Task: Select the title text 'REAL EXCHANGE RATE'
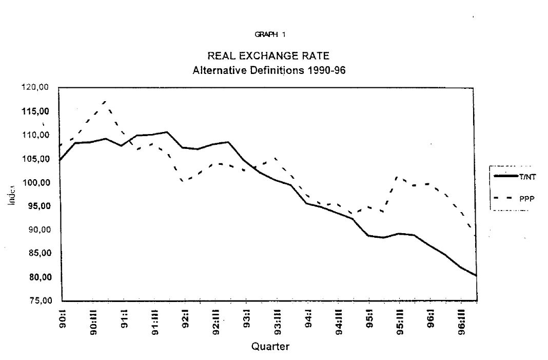(268, 56)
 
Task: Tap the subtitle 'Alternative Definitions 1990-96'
(269, 70)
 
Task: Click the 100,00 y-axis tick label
(39, 182)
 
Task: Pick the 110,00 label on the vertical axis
(39, 135)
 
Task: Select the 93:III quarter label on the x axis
(277, 321)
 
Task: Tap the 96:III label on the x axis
(461, 321)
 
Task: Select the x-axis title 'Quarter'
(270, 347)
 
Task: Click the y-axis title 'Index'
(11, 195)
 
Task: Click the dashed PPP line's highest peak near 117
(105, 101)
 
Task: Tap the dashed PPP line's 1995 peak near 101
(399, 177)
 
